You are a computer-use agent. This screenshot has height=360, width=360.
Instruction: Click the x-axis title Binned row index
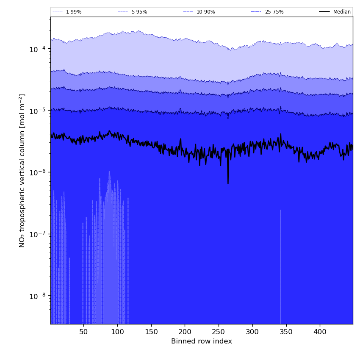click(x=202, y=341)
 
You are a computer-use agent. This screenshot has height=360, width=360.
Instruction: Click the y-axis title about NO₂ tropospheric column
click(x=22, y=170)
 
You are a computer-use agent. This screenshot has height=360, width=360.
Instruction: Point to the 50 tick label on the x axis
click(x=83, y=332)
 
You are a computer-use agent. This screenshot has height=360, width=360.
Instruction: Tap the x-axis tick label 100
click(x=117, y=332)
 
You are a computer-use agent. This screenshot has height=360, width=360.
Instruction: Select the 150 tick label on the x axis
click(x=151, y=332)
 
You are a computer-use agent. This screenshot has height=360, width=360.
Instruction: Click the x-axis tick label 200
click(x=185, y=332)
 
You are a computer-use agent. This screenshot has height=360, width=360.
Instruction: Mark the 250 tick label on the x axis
click(x=219, y=332)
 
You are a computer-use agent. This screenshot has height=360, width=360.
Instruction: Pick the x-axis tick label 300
click(x=252, y=332)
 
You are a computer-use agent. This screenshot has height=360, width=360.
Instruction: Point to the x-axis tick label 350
click(x=286, y=332)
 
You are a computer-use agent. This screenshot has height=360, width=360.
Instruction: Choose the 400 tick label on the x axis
click(x=320, y=332)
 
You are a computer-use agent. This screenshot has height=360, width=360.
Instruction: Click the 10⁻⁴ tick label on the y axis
click(x=37, y=49)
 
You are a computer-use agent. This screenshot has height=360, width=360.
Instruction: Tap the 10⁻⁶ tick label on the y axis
click(x=37, y=172)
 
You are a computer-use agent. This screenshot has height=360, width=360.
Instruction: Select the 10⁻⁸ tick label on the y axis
click(x=37, y=296)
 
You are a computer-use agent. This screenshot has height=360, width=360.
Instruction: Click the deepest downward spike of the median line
click(x=228, y=183)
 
